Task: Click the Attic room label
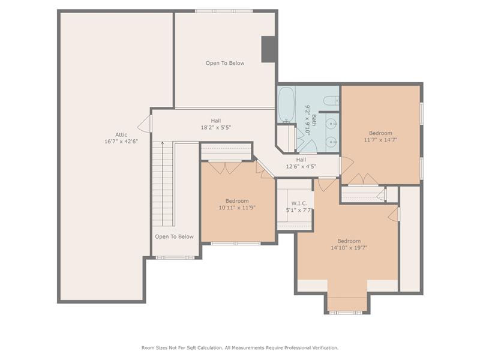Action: [121, 134]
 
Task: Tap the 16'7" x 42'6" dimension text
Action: [121, 142]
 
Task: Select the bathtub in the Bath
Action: [287, 104]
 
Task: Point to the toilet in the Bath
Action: [331, 100]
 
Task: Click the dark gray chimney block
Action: [269, 49]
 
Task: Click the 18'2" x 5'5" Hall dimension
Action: [216, 127]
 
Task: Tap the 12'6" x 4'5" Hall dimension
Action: [301, 167]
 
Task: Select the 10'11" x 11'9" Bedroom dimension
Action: [237, 208]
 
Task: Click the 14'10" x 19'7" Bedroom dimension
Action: [349, 248]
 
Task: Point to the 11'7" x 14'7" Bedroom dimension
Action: [380, 140]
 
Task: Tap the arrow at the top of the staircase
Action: [162, 143]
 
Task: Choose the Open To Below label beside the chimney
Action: [225, 63]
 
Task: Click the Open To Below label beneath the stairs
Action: [174, 236]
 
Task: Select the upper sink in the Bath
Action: [331, 124]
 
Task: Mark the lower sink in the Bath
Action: [331, 142]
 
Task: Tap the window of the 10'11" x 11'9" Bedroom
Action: [236, 244]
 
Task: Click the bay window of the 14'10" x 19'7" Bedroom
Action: [346, 313]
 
